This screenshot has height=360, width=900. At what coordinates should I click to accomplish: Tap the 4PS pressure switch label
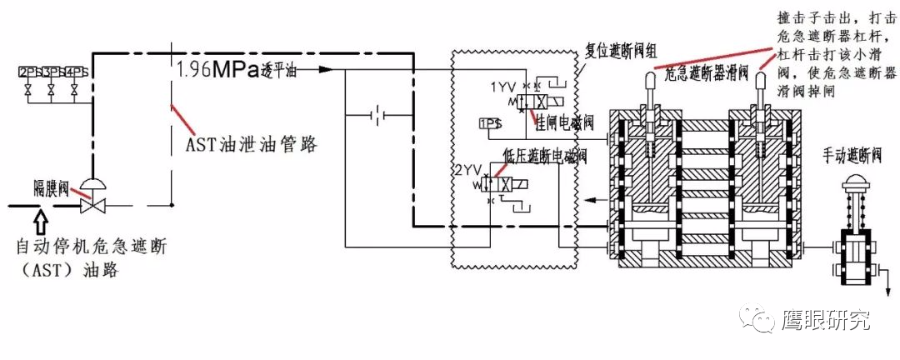(75, 72)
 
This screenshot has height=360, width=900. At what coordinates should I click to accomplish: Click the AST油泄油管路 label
(250, 143)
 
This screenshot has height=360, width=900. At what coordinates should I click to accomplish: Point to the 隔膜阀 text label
(52, 186)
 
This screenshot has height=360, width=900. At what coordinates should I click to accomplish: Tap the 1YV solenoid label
(504, 87)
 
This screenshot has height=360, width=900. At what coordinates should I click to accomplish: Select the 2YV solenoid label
(468, 169)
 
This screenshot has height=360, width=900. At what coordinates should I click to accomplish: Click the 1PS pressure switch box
(490, 124)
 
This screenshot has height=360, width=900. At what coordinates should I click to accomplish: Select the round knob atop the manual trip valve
(856, 183)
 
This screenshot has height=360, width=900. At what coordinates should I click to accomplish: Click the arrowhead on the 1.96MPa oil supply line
(326, 69)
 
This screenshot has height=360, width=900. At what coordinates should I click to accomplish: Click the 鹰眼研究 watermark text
(825, 320)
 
